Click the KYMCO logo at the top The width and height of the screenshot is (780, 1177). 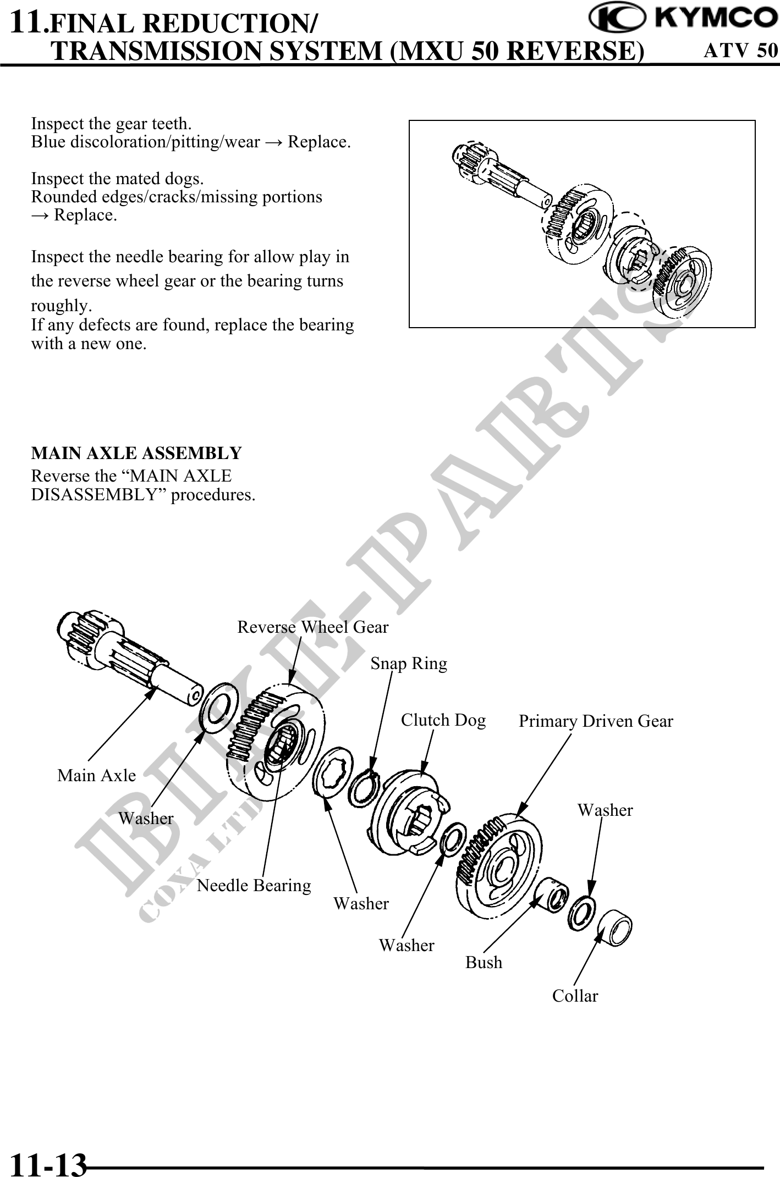click(x=682, y=19)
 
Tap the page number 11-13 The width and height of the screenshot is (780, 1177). click(x=49, y=1162)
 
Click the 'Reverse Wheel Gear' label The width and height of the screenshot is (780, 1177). click(x=312, y=627)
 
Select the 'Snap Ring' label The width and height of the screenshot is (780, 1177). click(x=409, y=664)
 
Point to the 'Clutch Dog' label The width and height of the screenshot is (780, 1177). click(x=443, y=720)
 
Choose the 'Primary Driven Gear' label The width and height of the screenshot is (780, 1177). click(x=596, y=721)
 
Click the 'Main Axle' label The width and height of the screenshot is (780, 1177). click(x=96, y=776)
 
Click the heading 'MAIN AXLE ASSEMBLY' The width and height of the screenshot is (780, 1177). click(x=136, y=454)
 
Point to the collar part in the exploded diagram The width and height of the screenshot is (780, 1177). click(x=615, y=929)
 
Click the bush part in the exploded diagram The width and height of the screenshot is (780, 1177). click(x=552, y=894)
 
